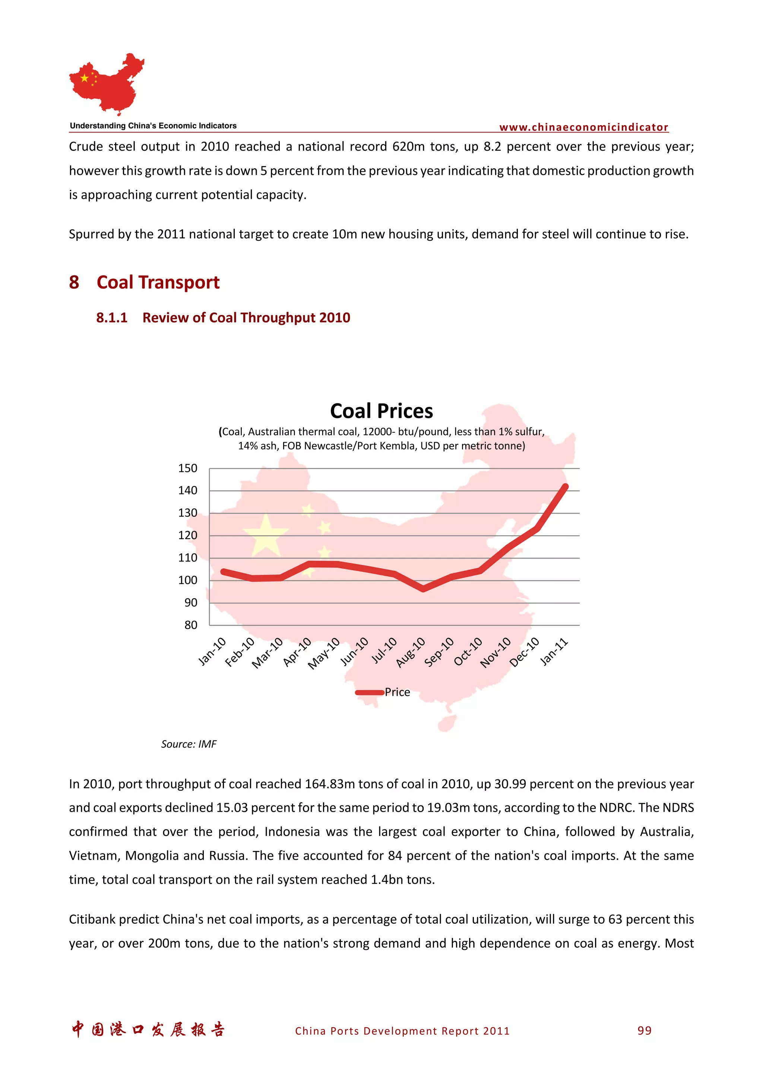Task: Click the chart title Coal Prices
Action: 381,411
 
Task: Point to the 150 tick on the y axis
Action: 187,468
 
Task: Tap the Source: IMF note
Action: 189,744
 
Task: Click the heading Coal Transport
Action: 158,283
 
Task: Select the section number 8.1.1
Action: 112,318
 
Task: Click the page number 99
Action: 644,1031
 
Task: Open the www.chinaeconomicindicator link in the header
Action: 583,127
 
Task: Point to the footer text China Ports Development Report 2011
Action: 402,1031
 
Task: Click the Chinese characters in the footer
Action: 148,1029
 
